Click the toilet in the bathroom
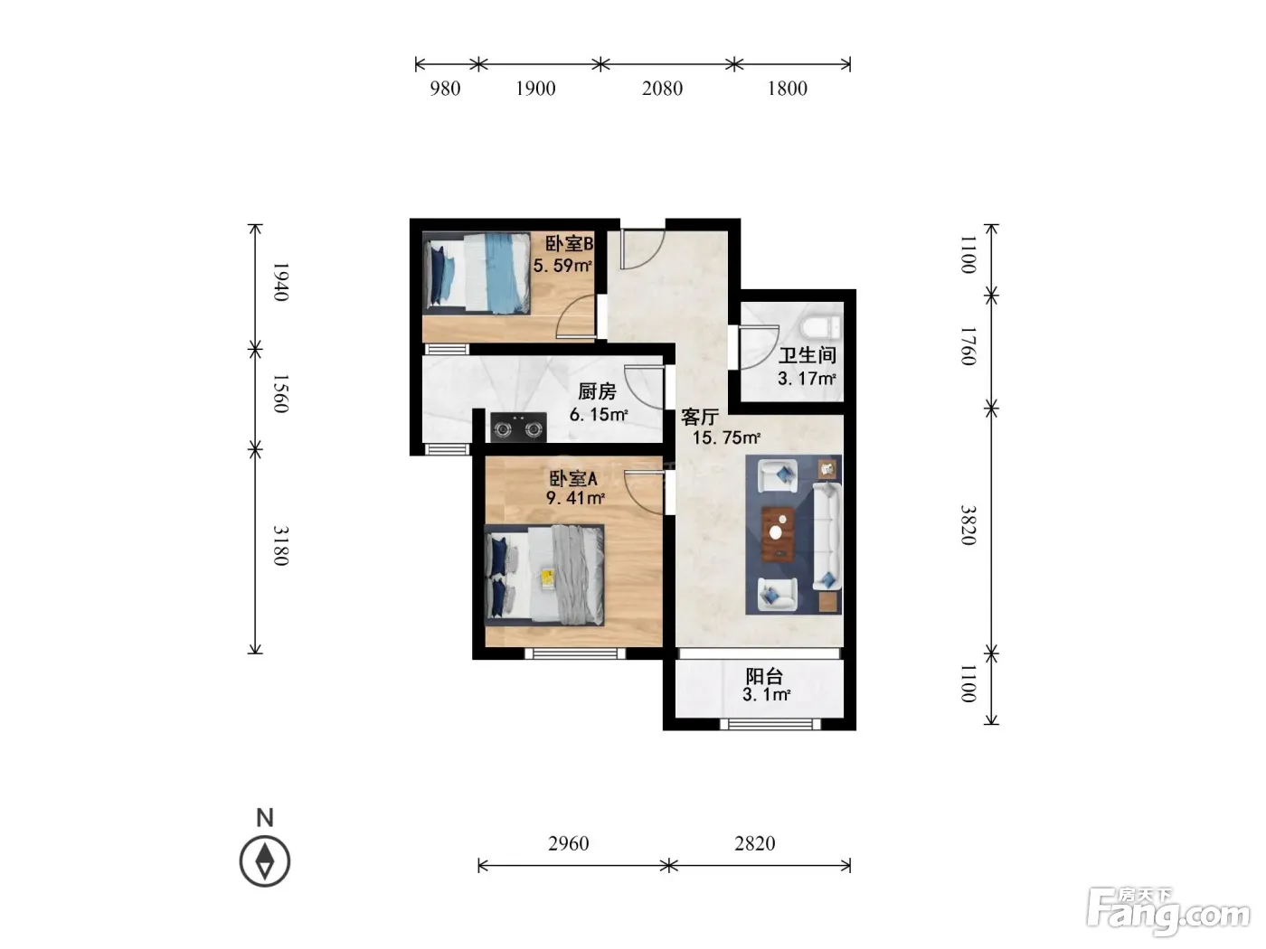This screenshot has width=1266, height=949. (x=820, y=326)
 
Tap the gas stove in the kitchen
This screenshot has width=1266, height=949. (x=518, y=427)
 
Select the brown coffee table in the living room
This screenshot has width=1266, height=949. (x=777, y=533)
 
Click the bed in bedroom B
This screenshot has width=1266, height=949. (x=477, y=273)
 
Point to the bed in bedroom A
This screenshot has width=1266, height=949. (x=544, y=575)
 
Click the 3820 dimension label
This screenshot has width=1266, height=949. (x=968, y=525)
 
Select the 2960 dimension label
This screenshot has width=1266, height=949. (x=568, y=843)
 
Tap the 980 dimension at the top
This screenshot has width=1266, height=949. (x=445, y=89)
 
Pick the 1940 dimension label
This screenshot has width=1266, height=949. (x=280, y=282)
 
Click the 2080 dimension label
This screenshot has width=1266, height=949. (x=662, y=89)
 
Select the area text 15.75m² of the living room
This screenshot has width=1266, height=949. (x=726, y=438)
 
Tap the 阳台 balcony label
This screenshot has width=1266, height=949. (x=764, y=676)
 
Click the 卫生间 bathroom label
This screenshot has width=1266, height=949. (x=808, y=355)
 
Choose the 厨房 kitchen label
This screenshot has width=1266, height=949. (x=598, y=392)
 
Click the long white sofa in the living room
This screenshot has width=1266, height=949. (x=827, y=537)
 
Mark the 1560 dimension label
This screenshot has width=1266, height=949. (x=280, y=393)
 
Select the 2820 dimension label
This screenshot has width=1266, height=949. (x=754, y=843)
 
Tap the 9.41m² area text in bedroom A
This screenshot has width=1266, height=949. (x=575, y=498)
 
